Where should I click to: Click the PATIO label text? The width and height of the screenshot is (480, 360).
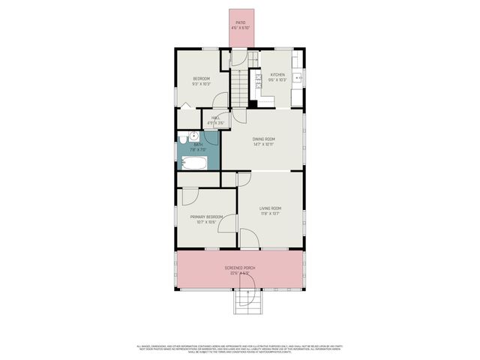tap(241, 22)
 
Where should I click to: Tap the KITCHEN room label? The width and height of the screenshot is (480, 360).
tap(277, 75)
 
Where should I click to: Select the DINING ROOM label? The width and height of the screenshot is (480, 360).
tap(264, 139)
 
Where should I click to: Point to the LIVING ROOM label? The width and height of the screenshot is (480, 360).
tap(271, 208)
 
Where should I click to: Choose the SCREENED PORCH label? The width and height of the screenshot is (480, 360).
tap(241, 268)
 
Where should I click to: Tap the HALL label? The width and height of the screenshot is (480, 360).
tap(215, 118)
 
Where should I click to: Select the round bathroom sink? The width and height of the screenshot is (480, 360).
tap(192, 137)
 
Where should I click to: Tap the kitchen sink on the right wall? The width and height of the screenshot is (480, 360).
tap(299, 76)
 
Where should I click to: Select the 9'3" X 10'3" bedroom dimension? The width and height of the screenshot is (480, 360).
tap(202, 83)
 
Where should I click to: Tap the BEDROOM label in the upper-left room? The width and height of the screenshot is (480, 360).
tap(202, 79)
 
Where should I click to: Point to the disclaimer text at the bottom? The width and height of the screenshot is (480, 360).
tap(240, 349)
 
